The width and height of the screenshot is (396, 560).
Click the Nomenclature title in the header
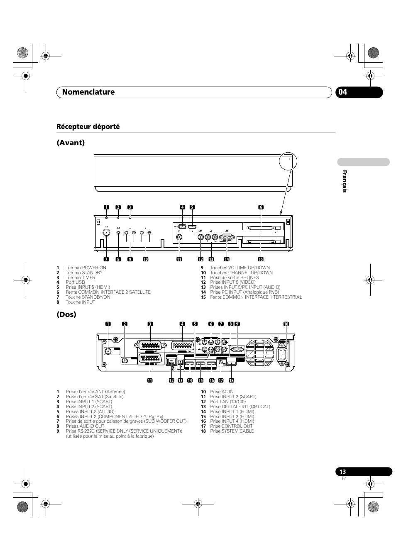(x=88, y=92)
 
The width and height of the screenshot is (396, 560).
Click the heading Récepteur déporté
(x=88, y=127)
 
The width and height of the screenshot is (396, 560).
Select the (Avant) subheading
(x=71, y=143)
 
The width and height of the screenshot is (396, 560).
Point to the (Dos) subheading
(x=66, y=314)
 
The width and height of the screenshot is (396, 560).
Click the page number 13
(x=342, y=472)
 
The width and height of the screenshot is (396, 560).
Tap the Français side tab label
(x=344, y=181)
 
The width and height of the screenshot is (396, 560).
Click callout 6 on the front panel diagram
(x=261, y=207)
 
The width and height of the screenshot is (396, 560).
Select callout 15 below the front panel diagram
(x=261, y=259)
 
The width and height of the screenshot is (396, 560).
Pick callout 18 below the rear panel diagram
(x=231, y=380)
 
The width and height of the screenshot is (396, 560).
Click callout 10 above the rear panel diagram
(x=286, y=324)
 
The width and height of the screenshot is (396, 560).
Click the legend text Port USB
(x=75, y=282)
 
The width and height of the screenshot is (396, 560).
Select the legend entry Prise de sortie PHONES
(x=234, y=278)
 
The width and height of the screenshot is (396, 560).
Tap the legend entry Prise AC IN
(x=222, y=392)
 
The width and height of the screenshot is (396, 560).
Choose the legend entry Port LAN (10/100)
(x=227, y=402)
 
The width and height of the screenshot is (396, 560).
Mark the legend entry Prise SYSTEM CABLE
(x=232, y=431)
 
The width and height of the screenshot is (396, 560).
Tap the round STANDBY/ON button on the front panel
(x=107, y=233)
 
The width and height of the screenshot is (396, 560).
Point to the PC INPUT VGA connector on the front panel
(x=227, y=238)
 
